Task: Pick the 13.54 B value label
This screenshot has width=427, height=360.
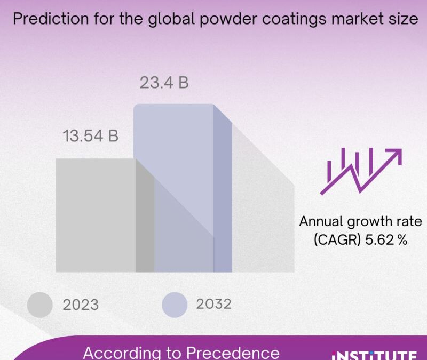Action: pyautogui.click(x=91, y=136)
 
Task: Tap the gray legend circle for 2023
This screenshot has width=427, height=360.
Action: pyautogui.click(x=40, y=305)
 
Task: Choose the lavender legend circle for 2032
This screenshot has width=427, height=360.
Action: pyautogui.click(x=175, y=305)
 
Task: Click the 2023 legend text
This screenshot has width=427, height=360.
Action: pyautogui.click(x=81, y=305)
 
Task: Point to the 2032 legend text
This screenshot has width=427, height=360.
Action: pyautogui.click(x=213, y=304)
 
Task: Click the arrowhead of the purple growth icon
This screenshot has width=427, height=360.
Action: pyautogui.click(x=395, y=155)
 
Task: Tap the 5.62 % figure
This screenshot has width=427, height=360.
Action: pyautogui.click(x=387, y=240)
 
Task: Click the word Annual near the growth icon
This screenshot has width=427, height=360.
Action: pyautogui.click(x=321, y=221)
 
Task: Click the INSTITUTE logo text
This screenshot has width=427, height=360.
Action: pyautogui.click(x=374, y=355)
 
